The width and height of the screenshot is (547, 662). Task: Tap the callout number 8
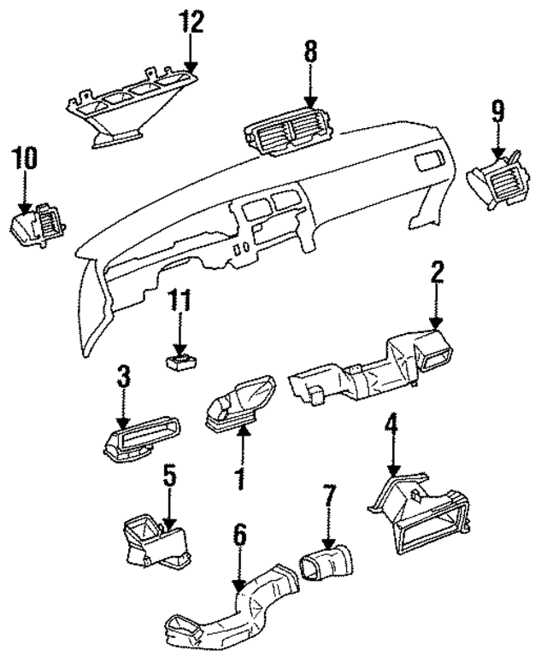pos(309,52)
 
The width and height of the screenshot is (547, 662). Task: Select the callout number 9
pos(498,109)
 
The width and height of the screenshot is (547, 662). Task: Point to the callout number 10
pos(25,159)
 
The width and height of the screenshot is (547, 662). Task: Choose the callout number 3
pos(123,376)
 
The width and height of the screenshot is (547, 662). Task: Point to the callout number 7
pos(330,495)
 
